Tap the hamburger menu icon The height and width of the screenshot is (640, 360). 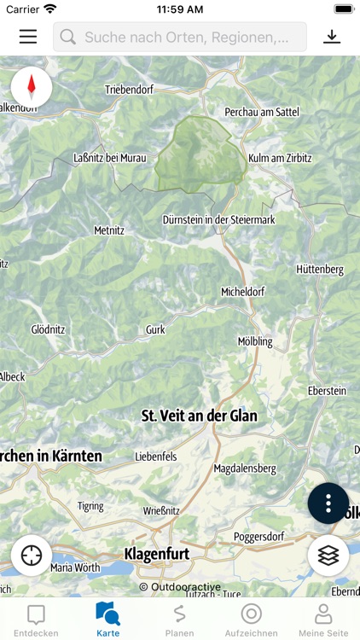[28, 37]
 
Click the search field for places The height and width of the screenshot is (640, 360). [180, 37]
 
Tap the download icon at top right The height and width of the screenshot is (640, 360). [332, 37]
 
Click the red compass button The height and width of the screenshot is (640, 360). [32, 87]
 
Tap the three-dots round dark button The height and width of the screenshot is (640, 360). [328, 503]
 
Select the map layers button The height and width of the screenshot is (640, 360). [328, 556]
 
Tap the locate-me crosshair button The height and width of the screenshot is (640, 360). [32, 556]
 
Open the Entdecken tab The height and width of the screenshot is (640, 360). [36, 620]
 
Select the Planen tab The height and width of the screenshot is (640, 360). [179, 620]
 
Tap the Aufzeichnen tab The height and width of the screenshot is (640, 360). [251, 620]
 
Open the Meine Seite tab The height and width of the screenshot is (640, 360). [323, 620]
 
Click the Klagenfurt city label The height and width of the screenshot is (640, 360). [157, 554]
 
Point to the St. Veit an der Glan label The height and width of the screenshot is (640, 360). [199, 416]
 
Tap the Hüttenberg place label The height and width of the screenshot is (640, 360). [320, 270]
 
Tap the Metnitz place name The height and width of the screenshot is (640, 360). [109, 230]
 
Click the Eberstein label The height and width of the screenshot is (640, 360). [327, 391]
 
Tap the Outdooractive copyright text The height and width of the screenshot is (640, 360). [180, 587]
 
